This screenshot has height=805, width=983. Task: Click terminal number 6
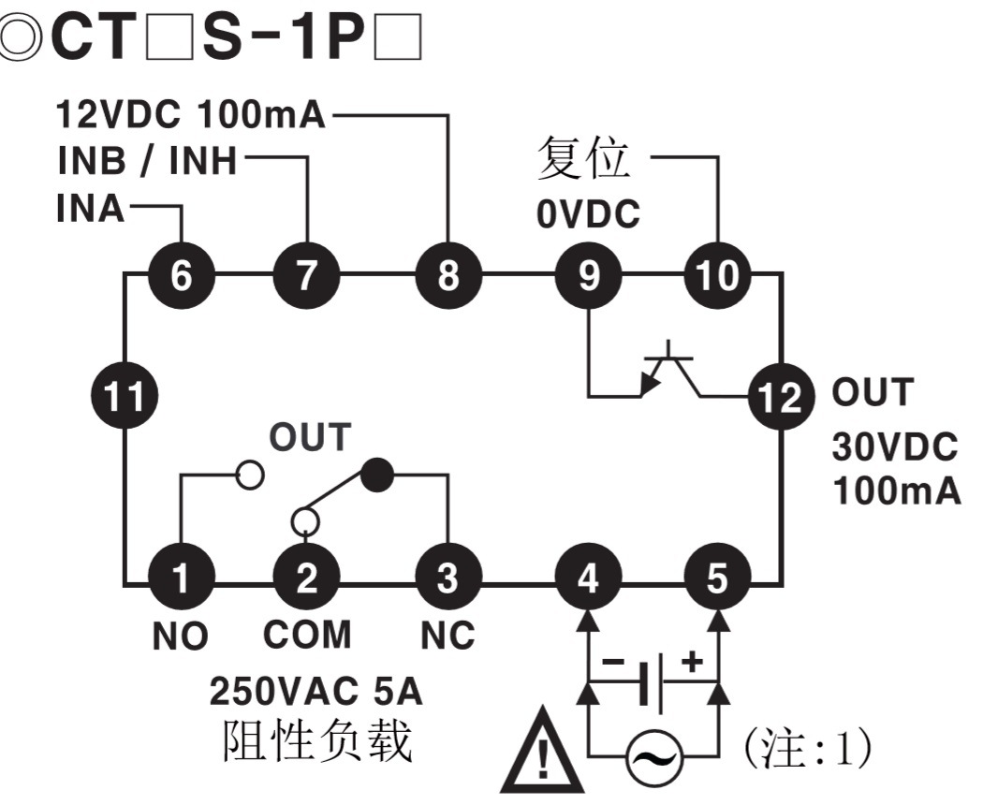click(x=182, y=276)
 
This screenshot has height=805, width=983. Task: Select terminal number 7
click(x=306, y=276)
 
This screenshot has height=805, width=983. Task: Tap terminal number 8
click(x=448, y=276)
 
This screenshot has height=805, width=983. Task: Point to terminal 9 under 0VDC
click(x=588, y=276)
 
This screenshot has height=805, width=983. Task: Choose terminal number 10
click(x=717, y=276)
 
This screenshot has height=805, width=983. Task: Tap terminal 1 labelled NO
click(x=182, y=580)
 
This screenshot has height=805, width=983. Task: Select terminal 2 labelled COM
click(x=306, y=580)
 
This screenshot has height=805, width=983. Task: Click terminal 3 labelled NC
click(x=448, y=580)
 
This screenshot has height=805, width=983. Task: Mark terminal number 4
click(x=588, y=580)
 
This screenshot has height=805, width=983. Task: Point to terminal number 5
click(x=717, y=580)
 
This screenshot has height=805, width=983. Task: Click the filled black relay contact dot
click(x=377, y=476)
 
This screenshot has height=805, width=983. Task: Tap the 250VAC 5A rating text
click(x=315, y=693)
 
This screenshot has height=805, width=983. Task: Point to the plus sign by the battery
click(x=691, y=663)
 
